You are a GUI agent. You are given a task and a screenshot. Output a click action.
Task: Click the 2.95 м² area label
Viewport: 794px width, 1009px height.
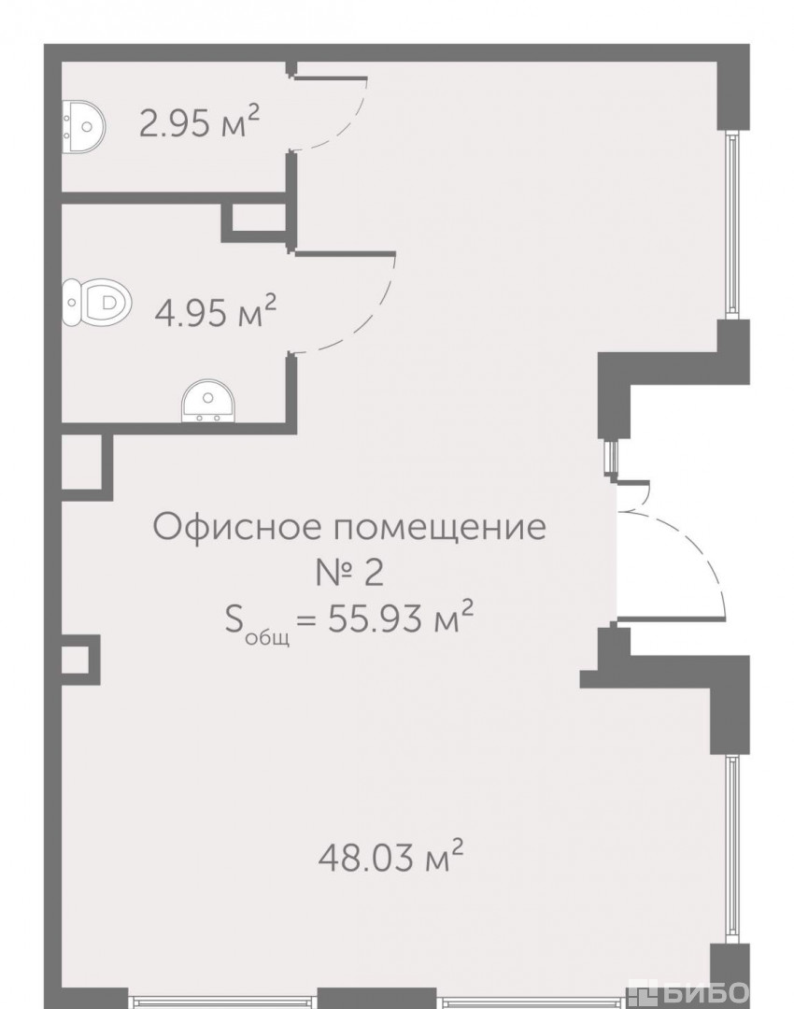[x=199, y=122]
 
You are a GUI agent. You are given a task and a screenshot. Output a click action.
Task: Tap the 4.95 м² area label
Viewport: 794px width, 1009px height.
[x=216, y=311]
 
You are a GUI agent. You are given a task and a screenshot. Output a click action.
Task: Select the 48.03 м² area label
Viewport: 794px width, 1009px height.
[x=390, y=857]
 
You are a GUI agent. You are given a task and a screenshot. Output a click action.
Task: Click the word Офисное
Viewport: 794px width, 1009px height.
[x=236, y=527]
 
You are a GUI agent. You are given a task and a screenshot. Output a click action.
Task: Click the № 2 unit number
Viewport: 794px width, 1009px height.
[x=349, y=572]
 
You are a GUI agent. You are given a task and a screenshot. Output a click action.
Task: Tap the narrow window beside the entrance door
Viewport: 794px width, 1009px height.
[x=609, y=456]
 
